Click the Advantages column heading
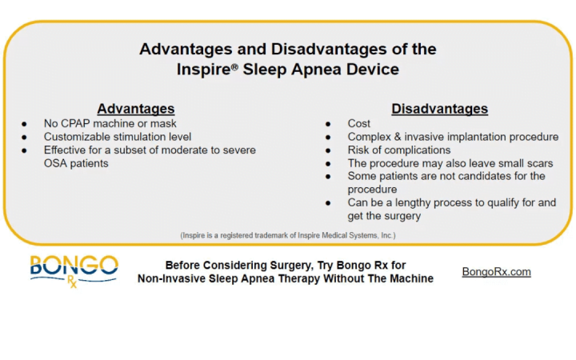click(x=135, y=109)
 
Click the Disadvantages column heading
click(x=439, y=109)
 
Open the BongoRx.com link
click(x=496, y=272)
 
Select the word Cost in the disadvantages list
click(x=359, y=124)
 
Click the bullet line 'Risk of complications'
click(x=399, y=150)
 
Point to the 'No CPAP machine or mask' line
click(x=110, y=124)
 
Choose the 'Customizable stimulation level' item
click(x=118, y=137)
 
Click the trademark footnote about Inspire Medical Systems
click(x=287, y=235)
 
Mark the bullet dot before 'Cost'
click(x=329, y=124)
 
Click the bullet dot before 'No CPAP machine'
click(x=25, y=124)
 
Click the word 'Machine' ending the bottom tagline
click(x=410, y=278)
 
